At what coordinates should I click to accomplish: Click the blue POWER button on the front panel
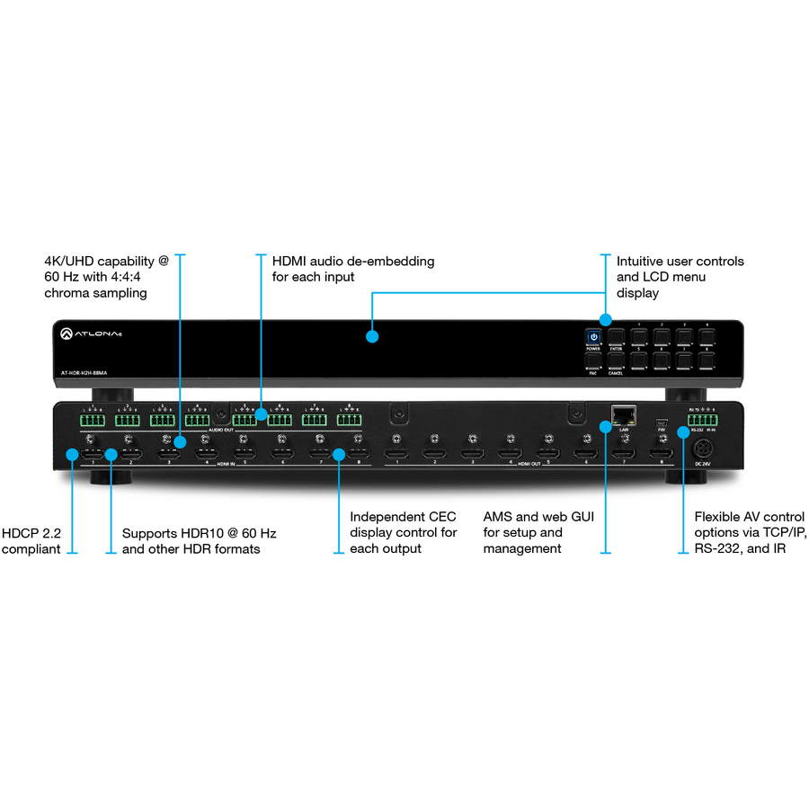click(x=593, y=338)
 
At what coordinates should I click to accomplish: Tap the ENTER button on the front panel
click(x=616, y=338)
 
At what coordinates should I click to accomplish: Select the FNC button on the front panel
click(x=593, y=361)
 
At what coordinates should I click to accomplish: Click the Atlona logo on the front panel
click(x=91, y=334)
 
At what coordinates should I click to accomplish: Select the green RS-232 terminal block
click(x=695, y=420)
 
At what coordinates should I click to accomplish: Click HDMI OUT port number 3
click(x=472, y=455)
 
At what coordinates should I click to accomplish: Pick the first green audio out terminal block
click(x=91, y=420)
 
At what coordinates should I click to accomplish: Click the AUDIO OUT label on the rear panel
click(x=221, y=431)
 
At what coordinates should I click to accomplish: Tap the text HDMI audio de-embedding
click(x=353, y=261)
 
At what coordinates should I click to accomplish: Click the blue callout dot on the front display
click(x=372, y=338)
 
